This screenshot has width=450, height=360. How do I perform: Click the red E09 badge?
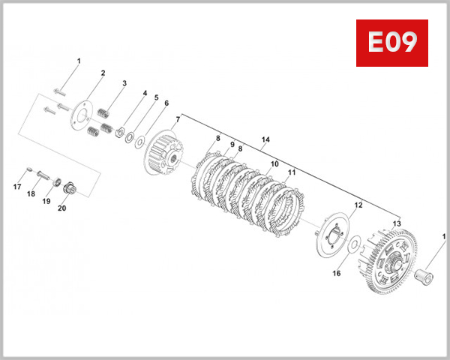[x=391, y=43]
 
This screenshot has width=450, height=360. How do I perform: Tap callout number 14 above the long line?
[x=265, y=140]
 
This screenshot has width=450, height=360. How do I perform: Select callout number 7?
[x=178, y=120]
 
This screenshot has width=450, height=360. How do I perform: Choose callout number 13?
[x=397, y=223]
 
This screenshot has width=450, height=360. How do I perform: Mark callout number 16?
[x=337, y=274]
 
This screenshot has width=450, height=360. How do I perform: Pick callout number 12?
[x=358, y=205]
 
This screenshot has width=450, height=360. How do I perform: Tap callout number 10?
[x=274, y=163]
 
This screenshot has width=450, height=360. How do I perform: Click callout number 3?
[x=124, y=83]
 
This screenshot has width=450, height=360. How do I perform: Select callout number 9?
[x=232, y=145]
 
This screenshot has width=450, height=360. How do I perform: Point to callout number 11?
[x=291, y=172]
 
